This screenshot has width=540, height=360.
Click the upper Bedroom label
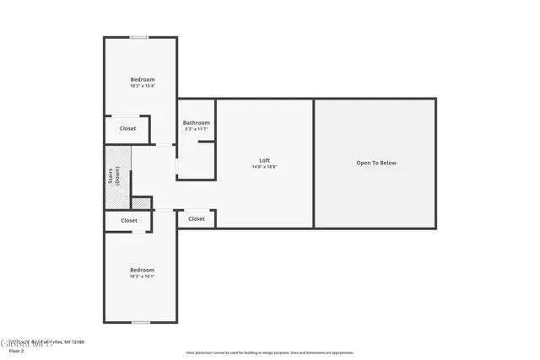point(143,79)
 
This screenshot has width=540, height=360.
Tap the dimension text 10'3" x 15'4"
point(143,86)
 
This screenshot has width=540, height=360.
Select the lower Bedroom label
point(143,270)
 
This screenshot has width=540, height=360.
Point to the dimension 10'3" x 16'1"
point(143,277)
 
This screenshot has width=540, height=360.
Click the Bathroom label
point(197,122)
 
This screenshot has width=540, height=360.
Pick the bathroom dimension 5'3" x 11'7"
point(197,129)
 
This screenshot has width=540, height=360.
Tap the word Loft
point(264,160)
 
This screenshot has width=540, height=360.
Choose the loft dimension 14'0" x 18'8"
point(264,167)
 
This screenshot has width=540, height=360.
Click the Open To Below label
point(375,163)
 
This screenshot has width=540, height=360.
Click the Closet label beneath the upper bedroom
point(127,128)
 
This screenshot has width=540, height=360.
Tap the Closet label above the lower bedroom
point(129,220)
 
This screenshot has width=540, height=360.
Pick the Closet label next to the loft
point(197,218)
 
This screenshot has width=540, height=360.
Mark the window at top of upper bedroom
point(140,37)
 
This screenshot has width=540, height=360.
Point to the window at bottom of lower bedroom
point(141,322)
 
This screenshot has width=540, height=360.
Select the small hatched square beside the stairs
point(141,203)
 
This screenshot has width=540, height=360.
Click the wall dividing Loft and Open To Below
point(314,163)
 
